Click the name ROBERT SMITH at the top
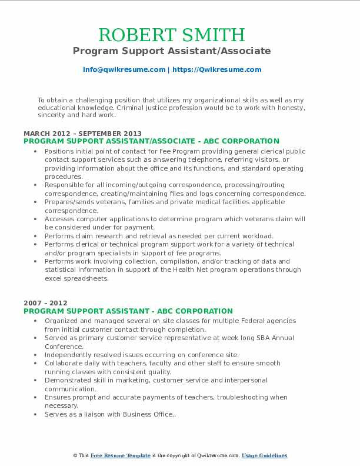click(x=172, y=34)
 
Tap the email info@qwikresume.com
click(x=124, y=69)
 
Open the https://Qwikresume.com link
click(x=217, y=69)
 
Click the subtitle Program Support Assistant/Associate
click(x=172, y=51)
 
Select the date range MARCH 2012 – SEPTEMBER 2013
click(x=83, y=134)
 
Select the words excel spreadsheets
click(x=72, y=278)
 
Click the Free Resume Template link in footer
click(x=121, y=456)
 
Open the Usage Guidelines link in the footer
click(x=265, y=456)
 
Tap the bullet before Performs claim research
click(x=37, y=236)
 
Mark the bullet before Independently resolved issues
click(x=37, y=355)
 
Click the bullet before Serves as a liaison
click(x=37, y=415)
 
